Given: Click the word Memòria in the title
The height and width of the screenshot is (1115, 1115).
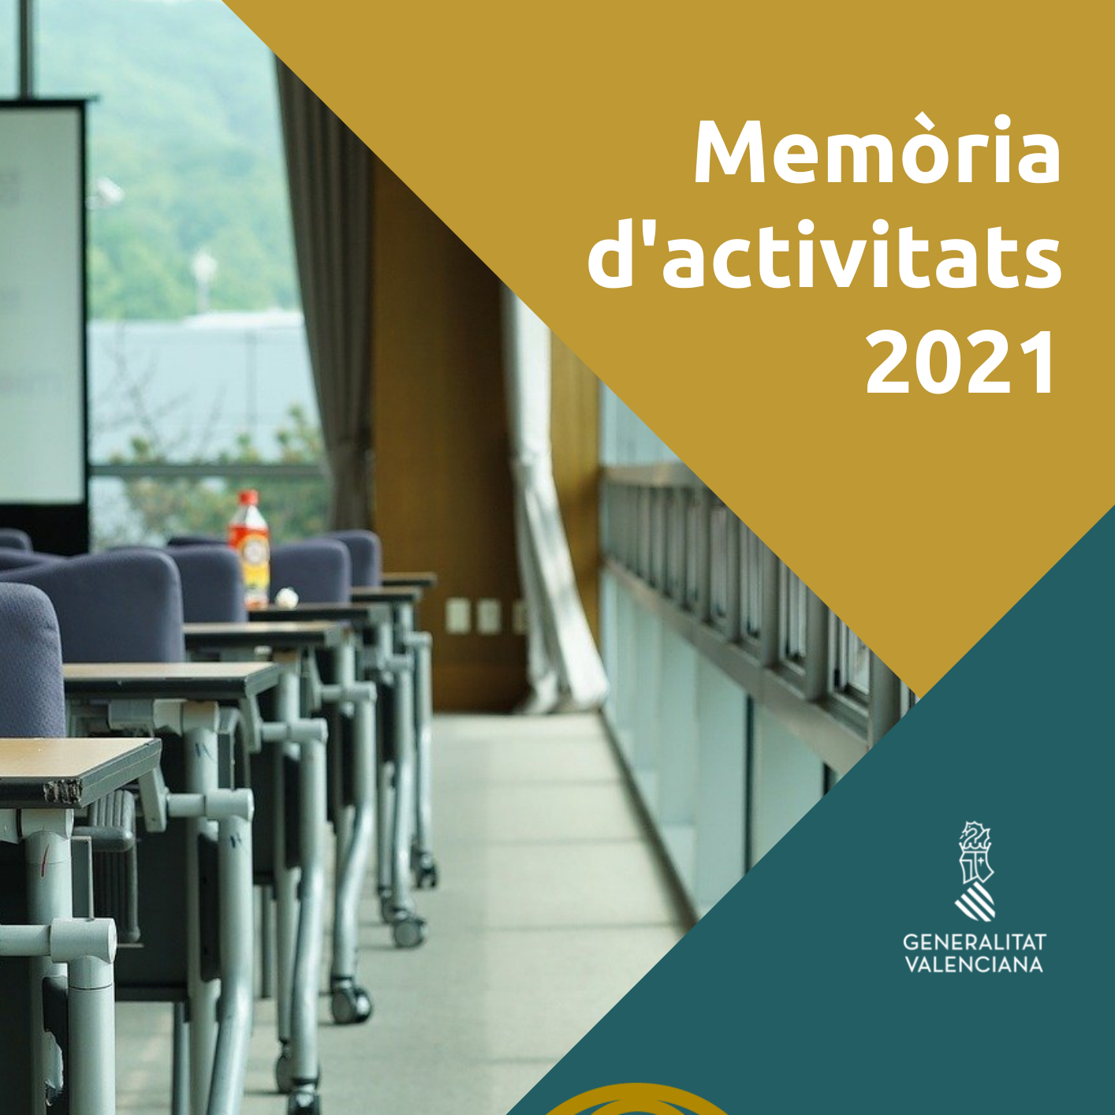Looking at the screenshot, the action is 878,152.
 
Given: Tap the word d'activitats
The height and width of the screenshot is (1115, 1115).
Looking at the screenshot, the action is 825,255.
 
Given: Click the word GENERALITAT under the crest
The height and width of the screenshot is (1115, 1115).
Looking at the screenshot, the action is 975,942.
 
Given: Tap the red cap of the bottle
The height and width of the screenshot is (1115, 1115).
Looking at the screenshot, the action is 248,498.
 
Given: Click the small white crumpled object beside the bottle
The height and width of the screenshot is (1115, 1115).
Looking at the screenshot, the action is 285,596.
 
